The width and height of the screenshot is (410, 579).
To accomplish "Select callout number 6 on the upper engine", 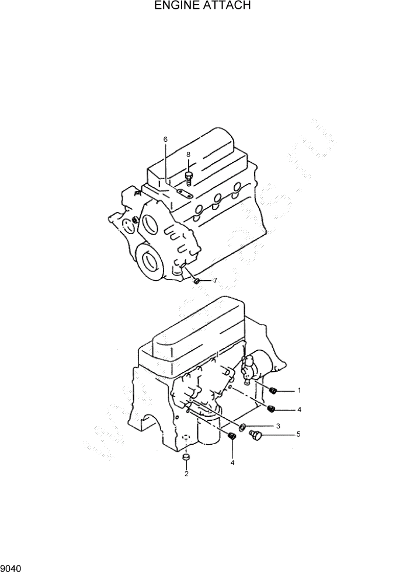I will coord(165,139).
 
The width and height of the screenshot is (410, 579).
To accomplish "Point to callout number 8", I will coord(188,155).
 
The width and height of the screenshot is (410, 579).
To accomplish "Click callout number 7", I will coord(215,281).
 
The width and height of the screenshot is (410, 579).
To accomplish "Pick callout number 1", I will coord(299,390).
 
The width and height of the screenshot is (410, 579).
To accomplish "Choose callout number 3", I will coord(279,426).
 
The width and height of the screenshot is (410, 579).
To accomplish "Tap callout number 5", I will coord(298,434).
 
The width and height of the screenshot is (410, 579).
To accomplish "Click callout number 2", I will coord(186,473).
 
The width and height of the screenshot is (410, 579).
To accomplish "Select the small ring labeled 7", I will coord(197,282).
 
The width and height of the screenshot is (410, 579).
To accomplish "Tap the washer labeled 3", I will coord(242,427).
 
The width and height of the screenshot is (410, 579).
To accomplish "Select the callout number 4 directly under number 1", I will coord(299,410).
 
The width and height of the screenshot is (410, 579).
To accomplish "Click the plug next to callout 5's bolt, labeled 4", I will coord(231,436).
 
